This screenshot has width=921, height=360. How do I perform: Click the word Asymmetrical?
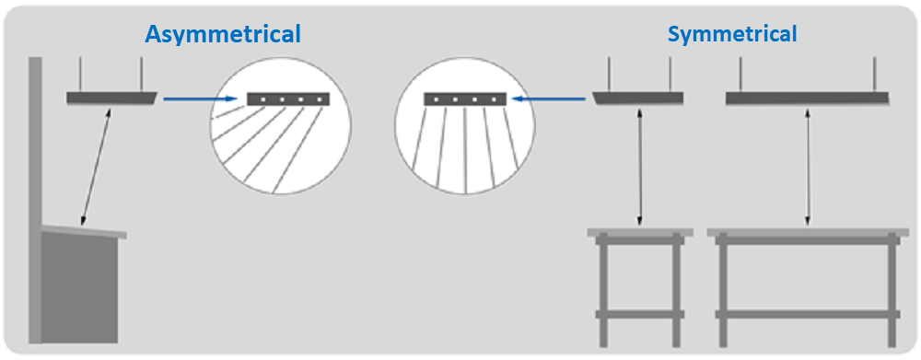click(223, 35)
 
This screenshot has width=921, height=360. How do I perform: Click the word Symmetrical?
click(732, 35)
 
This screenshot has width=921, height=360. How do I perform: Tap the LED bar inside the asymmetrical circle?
click(288, 99)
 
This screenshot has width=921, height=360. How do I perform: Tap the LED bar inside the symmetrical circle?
click(465, 99)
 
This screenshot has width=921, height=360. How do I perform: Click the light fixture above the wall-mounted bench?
click(111, 99)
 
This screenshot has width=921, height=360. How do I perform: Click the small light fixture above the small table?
click(638, 99)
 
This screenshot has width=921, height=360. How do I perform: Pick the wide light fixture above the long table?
click(808, 99)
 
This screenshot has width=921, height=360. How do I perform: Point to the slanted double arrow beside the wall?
click(97, 167)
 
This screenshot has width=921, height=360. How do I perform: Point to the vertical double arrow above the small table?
click(639, 167)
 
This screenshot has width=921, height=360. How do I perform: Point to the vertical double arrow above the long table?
click(809, 167)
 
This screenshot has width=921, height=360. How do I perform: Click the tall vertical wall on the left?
click(35, 200)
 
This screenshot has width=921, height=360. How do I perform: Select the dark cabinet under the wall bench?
click(79, 288)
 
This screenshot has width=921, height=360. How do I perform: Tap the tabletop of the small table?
click(640, 233)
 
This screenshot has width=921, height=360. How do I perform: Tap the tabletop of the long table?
click(809, 233)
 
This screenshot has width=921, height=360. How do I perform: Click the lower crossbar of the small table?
click(640, 314)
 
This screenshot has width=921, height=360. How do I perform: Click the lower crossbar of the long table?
click(808, 314)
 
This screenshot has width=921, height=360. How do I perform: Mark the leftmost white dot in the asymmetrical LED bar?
click(263, 99)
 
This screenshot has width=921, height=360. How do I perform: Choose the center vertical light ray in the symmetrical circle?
click(465, 150)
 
